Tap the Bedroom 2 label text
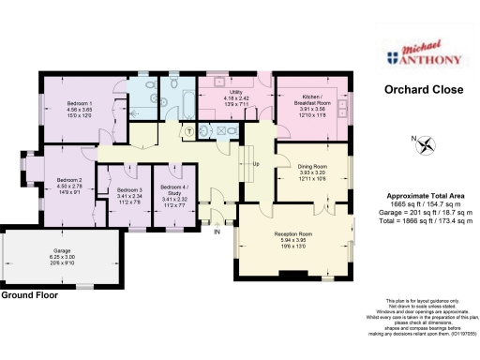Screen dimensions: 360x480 (69, 185)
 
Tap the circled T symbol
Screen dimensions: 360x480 (189, 130)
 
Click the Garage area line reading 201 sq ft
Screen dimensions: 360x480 (418, 212)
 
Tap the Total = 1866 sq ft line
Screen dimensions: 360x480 (418, 220)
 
